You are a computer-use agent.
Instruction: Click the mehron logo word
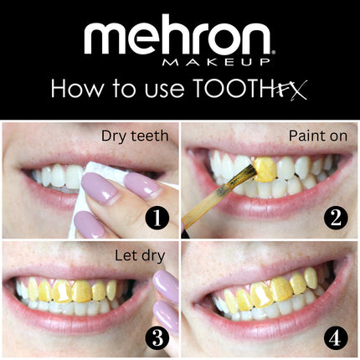[177, 38]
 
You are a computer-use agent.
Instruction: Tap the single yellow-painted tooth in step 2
[265, 169]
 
